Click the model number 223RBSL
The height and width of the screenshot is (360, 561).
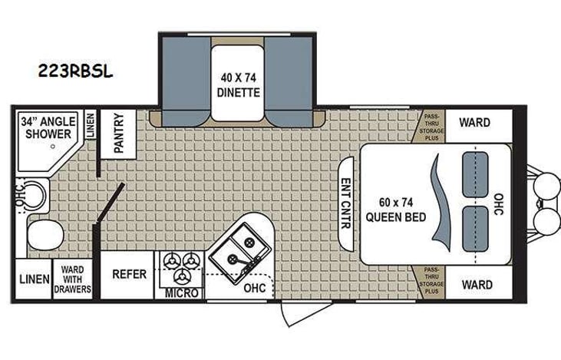[76, 71]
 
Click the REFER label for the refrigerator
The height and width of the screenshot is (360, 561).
[129, 274]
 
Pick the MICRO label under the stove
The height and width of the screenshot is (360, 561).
[181, 293]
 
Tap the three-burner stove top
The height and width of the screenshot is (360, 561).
[181, 268]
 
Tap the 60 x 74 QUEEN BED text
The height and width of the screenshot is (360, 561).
[391, 209]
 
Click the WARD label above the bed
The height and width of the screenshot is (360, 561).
[476, 122]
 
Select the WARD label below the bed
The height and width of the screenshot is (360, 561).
[476, 285]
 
